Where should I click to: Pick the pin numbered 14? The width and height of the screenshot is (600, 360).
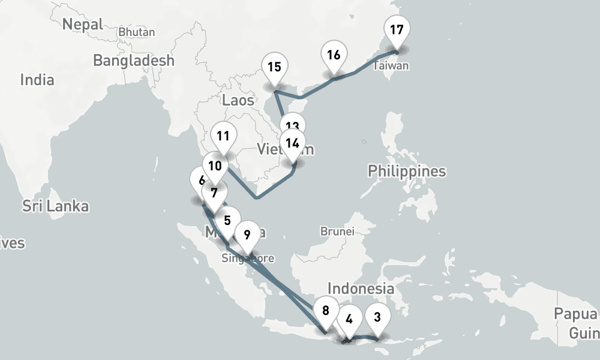tap(292, 144)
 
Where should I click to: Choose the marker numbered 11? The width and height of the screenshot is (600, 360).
tap(223, 136)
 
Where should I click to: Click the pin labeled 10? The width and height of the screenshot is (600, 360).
tap(215, 166)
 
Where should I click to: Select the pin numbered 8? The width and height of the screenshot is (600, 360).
tap(326, 311)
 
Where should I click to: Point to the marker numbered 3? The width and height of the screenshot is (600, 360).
tap(377, 317)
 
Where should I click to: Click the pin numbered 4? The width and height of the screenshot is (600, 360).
tap(349, 320)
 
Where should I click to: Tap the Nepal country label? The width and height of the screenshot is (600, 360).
tap(83, 24)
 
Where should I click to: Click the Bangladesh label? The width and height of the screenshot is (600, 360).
tap(134, 61)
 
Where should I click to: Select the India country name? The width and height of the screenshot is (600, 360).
tap(37, 80)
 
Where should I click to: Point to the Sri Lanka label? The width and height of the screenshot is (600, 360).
tap(55, 206)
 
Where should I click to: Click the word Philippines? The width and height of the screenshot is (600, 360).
tap(407, 172)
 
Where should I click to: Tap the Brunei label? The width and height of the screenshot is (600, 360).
tap(338, 231)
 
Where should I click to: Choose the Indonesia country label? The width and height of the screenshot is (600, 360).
tap(361, 289)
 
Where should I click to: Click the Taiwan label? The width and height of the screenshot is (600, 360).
tap(391, 66)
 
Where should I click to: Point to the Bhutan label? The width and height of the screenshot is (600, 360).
tap(137, 32)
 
